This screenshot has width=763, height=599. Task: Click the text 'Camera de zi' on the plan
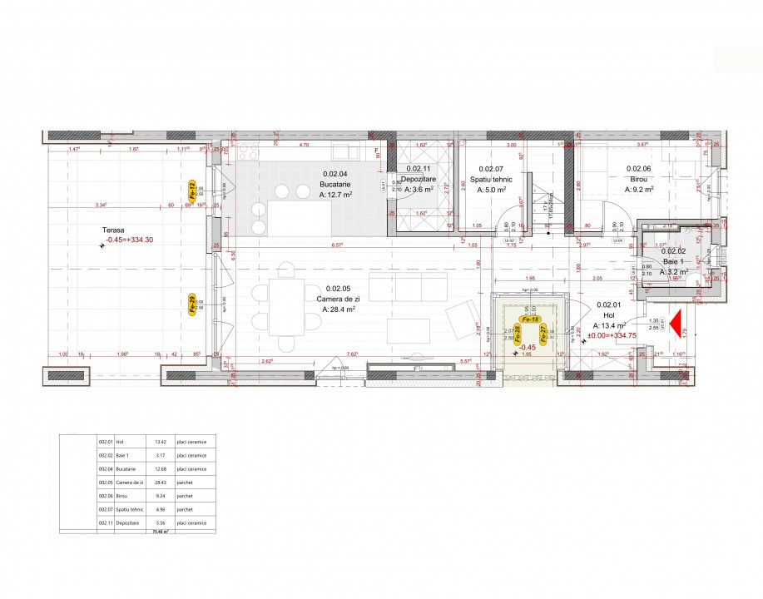pos(337,298)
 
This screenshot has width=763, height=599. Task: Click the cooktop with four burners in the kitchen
pos(247,151)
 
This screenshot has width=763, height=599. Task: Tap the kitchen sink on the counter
pos(344,151)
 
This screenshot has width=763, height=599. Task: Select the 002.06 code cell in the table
pos(106,495)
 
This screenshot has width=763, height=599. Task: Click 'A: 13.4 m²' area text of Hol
pos(609,325)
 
